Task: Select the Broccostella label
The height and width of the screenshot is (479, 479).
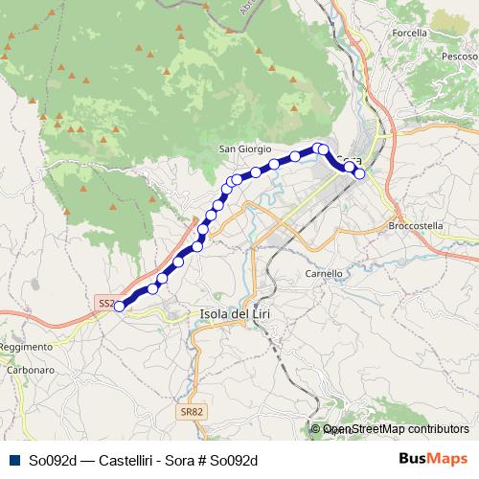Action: coord(417,226)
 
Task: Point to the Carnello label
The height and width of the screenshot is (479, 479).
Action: coord(323,273)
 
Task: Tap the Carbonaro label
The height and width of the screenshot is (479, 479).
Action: coord(29,368)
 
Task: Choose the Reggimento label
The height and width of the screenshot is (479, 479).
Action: coord(26,346)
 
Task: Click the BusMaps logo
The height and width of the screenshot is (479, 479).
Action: coord(434,459)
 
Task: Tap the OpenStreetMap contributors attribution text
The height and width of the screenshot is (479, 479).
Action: coord(395,429)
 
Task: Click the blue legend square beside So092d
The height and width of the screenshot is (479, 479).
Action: coord(11,460)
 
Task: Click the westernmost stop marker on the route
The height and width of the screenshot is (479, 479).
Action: coord(120,307)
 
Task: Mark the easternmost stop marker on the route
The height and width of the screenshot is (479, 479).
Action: coord(359,174)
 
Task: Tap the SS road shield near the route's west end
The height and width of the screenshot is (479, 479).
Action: coord(105,303)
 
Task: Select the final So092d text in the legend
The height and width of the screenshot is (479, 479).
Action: coord(234,460)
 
